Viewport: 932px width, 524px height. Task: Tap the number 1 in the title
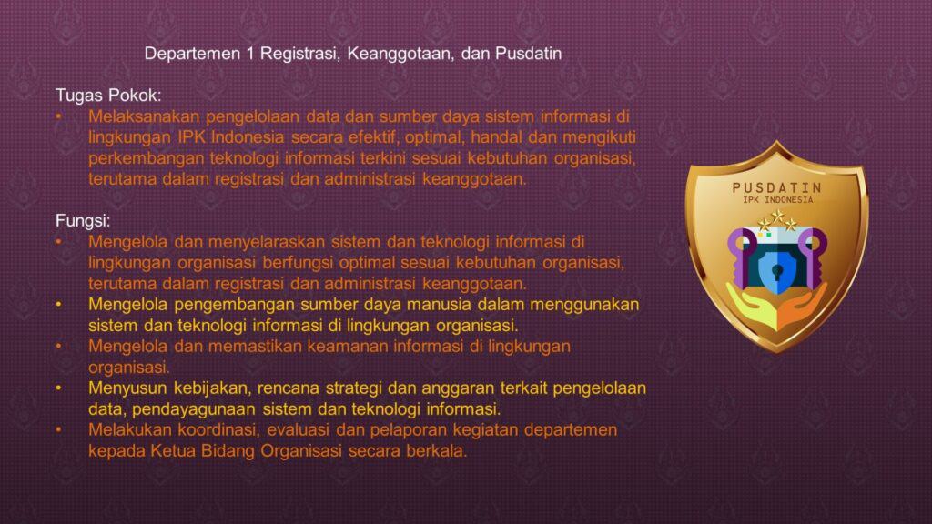click(250, 54)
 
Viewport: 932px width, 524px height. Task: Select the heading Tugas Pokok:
click(108, 95)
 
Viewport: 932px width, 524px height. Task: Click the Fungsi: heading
click(83, 220)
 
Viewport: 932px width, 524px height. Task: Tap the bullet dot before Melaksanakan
click(59, 116)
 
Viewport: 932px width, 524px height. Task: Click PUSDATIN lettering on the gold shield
click(777, 187)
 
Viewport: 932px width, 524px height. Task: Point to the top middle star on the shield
click(777, 216)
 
